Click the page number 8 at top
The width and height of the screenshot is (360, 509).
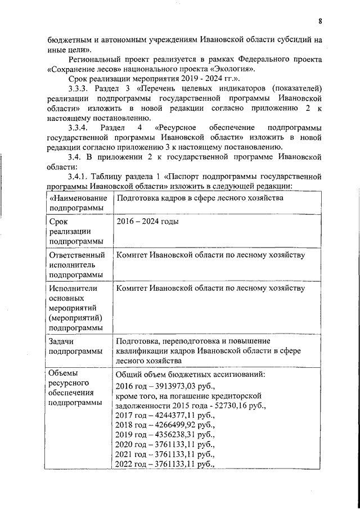(319, 22)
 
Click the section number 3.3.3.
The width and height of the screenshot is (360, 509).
(78, 89)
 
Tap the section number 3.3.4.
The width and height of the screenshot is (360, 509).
(78, 128)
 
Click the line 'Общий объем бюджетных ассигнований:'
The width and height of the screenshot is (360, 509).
(191, 374)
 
